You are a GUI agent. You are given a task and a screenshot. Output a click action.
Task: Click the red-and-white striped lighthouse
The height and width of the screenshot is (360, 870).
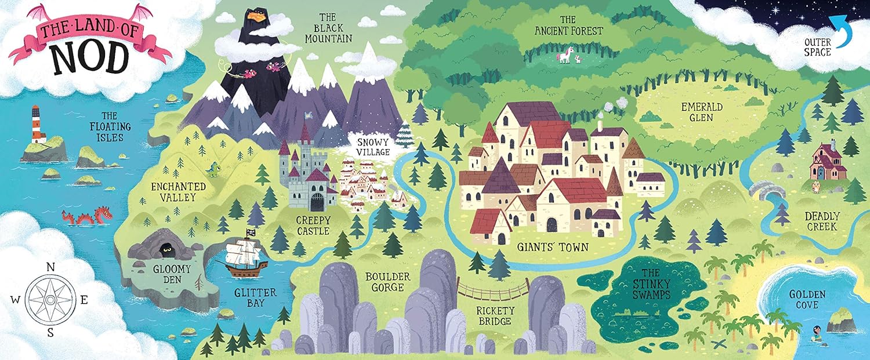37,124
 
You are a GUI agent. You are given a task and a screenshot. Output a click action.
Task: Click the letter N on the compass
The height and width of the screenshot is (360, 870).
50,267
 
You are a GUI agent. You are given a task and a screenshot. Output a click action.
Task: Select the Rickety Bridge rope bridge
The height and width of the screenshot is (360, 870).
493,289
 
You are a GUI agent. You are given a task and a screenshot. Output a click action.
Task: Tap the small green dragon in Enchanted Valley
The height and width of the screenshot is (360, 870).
213,169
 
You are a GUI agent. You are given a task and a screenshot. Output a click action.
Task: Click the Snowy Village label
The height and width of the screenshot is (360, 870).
374,147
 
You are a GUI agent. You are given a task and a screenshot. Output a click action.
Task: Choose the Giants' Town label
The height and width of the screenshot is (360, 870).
553,246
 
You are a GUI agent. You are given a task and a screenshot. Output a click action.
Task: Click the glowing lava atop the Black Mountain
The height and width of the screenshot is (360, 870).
256,16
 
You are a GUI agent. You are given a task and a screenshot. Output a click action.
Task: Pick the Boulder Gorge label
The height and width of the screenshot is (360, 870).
387,282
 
